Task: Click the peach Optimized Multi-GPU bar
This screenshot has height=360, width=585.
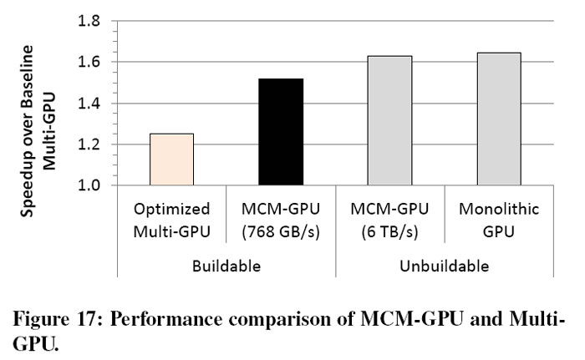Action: click(170, 160)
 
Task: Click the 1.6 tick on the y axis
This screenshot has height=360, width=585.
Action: click(89, 62)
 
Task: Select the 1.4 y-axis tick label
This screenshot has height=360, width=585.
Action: click(89, 104)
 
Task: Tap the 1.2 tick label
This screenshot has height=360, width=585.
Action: click(89, 145)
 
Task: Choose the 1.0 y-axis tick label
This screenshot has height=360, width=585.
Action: click(89, 185)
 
